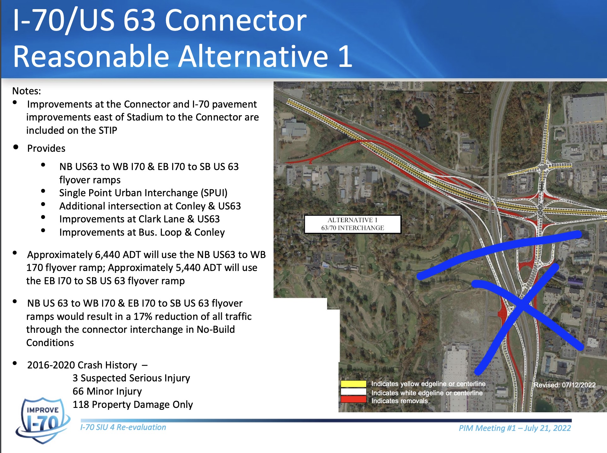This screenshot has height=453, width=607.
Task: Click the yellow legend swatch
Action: (x=353, y=384)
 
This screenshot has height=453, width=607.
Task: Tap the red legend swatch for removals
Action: (x=353, y=400)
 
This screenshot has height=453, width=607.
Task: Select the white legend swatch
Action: (x=353, y=392)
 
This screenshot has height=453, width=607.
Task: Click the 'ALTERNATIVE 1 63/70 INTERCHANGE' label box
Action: (x=352, y=224)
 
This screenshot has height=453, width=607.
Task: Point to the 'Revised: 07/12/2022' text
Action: (x=564, y=385)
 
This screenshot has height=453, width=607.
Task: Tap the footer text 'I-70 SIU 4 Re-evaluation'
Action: (x=123, y=427)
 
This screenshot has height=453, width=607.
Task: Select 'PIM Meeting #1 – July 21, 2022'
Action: (x=515, y=428)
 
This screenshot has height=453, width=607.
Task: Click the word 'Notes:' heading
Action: (x=27, y=91)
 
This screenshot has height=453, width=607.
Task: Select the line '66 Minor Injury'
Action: (x=107, y=391)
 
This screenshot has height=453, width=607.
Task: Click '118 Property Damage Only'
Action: (x=133, y=404)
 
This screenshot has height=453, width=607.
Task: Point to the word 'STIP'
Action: (x=108, y=130)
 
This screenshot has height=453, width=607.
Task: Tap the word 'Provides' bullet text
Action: (x=46, y=148)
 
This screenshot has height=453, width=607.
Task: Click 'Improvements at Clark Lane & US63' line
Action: (x=139, y=219)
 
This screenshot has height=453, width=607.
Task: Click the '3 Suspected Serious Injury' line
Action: (x=131, y=378)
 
